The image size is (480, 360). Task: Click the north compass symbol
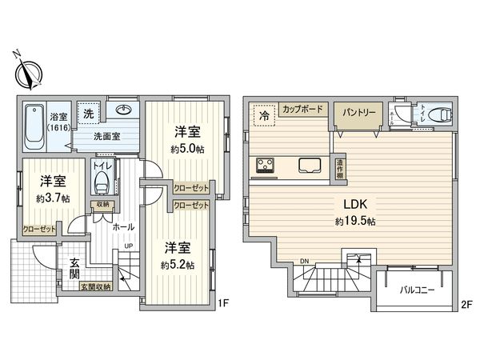click(x=29, y=74)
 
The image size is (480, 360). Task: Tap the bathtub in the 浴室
click(x=34, y=126)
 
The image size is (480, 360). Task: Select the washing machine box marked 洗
click(x=90, y=114)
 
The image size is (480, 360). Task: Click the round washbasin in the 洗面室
click(x=126, y=111)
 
